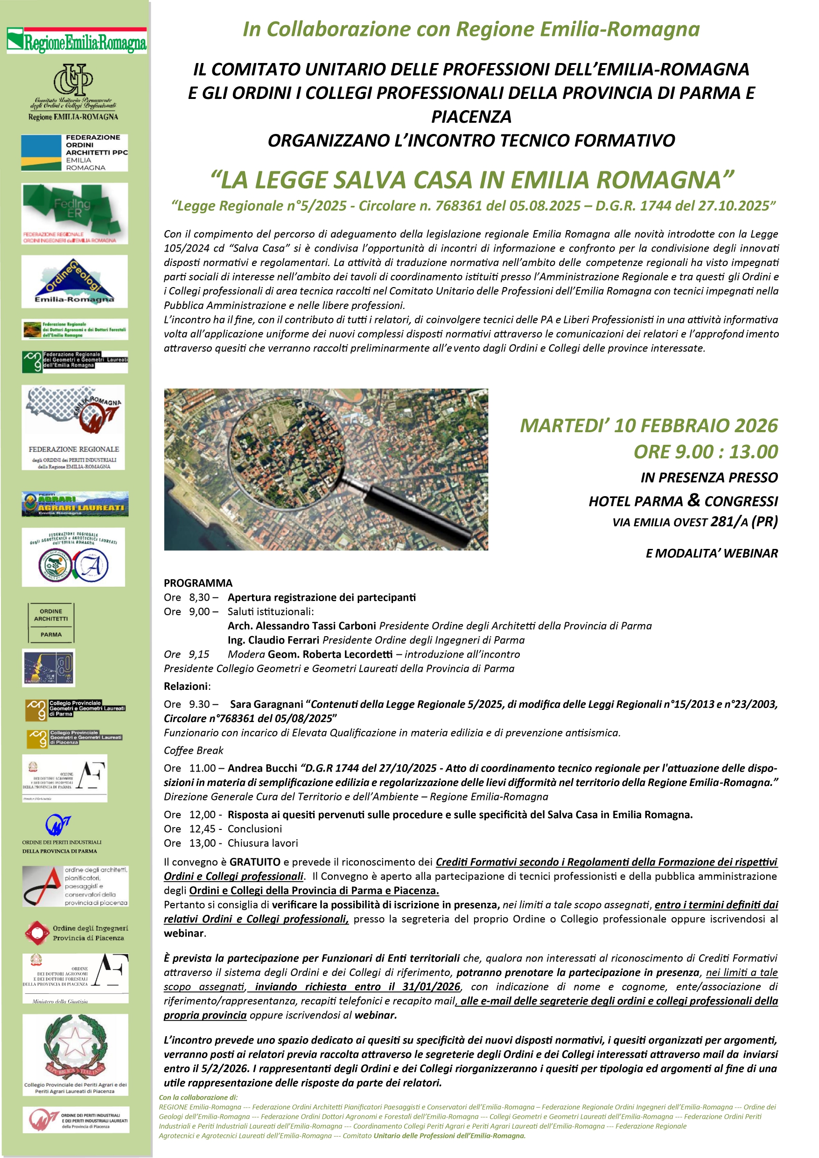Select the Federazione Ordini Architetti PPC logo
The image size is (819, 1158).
click(75, 152)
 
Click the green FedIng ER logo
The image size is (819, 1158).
click(74, 213)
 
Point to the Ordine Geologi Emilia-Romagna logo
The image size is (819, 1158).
click(74, 281)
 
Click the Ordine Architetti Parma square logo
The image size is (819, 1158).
click(51, 622)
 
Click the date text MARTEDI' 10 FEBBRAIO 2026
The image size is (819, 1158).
click(649, 426)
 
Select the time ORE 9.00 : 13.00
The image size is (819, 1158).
click(706, 452)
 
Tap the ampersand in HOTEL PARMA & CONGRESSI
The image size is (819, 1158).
click(693, 500)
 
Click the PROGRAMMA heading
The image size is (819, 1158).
click(198, 583)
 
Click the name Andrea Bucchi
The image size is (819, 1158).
click(262, 768)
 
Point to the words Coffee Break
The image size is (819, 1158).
click(193, 751)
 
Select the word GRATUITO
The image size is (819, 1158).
click(255, 862)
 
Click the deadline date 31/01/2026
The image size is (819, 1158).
click(431, 987)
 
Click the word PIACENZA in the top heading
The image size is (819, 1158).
click(471, 117)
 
